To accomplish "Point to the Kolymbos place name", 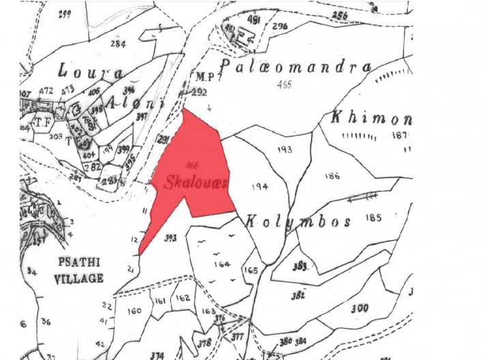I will (x=298, y=222).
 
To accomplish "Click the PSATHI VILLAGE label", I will (x=80, y=271).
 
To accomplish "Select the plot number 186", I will (x=332, y=176).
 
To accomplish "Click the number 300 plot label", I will (x=360, y=308).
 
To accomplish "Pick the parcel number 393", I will (x=171, y=238).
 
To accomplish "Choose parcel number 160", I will (x=134, y=311).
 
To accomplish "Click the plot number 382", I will (x=298, y=296).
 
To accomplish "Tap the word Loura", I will (x=91, y=72).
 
